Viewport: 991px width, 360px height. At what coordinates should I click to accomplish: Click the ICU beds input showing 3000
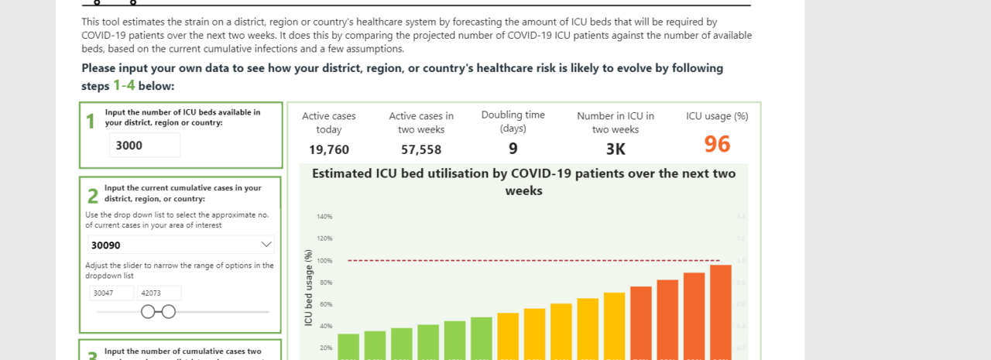(x=145, y=145)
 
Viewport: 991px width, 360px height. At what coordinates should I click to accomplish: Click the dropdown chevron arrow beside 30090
(x=266, y=245)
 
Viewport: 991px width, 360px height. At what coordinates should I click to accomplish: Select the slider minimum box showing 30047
(x=112, y=293)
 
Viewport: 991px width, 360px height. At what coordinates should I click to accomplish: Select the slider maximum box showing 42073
(x=159, y=293)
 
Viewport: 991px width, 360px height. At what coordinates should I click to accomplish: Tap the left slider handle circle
(x=147, y=311)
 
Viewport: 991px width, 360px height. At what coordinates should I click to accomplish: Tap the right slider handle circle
(x=169, y=311)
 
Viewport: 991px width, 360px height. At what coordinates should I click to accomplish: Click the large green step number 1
(x=91, y=122)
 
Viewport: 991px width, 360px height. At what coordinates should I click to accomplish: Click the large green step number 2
(x=92, y=197)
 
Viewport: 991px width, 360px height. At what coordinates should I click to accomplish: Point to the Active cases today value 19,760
(x=329, y=149)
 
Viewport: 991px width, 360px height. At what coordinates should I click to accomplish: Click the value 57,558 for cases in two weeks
(x=421, y=149)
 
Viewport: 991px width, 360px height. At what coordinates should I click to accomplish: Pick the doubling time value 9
(x=513, y=149)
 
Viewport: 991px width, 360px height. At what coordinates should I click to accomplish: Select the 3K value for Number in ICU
(x=616, y=149)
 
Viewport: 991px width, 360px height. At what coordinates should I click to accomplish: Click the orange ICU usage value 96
(x=717, y=144)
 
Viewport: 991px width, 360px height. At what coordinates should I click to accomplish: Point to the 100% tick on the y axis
(x=324, y=261)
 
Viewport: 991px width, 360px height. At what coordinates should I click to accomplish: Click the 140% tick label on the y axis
(x=324, y=217)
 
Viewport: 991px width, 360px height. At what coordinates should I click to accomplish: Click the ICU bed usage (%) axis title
(x=308, y=286)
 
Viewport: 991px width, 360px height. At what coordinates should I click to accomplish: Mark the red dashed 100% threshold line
(x=534, y=260)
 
